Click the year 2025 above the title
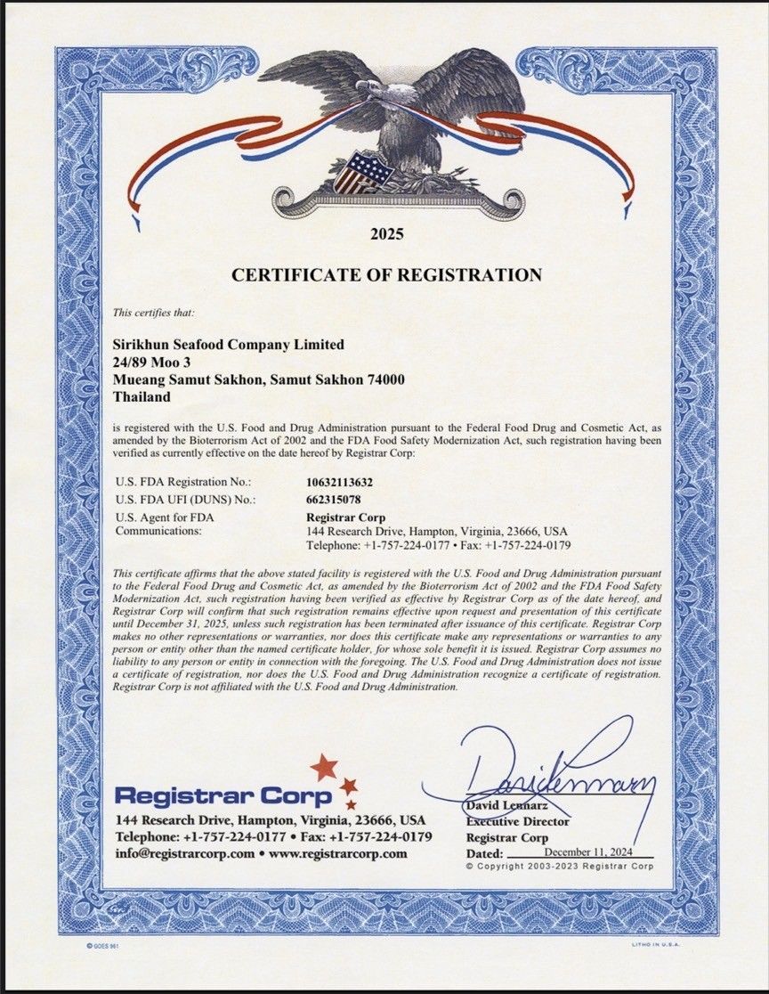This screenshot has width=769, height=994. click(386, 235)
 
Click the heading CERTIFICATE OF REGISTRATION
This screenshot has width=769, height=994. click(386, 275)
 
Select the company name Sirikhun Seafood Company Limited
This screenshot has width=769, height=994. click(229, 344)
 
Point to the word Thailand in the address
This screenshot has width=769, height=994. click(142, 397)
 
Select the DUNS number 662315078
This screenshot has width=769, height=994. click(335, 499)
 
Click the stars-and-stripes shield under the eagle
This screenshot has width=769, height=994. click(361, 172)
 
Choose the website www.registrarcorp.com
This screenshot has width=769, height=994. click(338, 853)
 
